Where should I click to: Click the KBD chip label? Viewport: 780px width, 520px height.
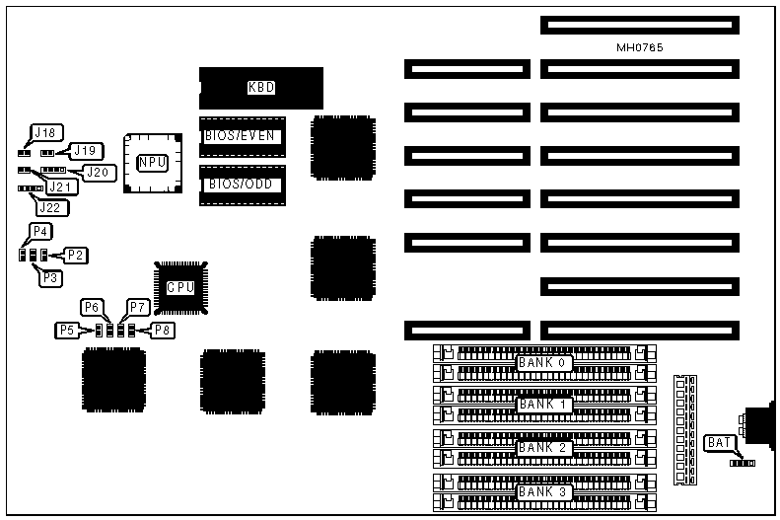click(261, 88)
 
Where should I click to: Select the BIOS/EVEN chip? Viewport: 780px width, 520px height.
click(242, 136)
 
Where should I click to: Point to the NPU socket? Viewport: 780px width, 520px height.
click(152, 163)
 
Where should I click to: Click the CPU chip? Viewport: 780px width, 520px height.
click(180, 288)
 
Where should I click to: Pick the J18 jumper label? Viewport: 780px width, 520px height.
click(45, 132)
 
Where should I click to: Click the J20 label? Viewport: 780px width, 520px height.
click(98, 173)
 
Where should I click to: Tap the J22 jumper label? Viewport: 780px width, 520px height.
click(50, 206)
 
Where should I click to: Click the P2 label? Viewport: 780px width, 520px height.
click(76, 255)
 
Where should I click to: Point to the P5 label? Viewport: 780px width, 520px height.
click(66, 330)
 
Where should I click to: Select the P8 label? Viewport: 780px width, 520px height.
click(163, 330)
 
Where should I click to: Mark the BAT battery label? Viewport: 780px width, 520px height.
click(717, 443)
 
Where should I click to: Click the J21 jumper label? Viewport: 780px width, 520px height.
click(61, 186)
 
